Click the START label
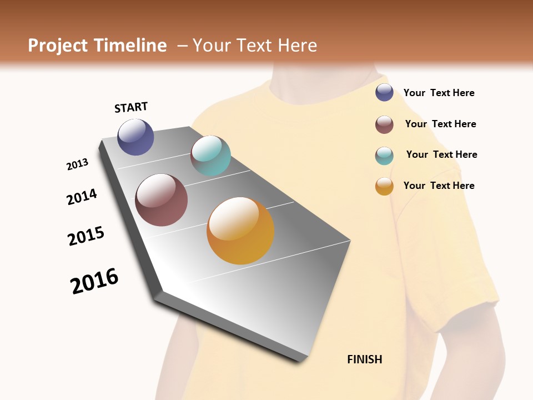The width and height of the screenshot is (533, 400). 131,107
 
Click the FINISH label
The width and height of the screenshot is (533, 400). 364,359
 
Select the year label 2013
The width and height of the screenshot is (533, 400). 77,164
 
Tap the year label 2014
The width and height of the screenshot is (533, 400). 82,197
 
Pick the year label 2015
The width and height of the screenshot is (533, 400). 86,236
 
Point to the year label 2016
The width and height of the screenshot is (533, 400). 94,281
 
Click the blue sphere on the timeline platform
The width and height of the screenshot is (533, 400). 135,137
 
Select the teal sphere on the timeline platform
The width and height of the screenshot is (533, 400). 210,156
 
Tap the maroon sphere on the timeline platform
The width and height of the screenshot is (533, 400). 161,200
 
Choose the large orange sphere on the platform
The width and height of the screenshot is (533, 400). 240,230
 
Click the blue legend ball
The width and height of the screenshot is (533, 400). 384,93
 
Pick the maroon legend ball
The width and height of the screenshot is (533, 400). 384,124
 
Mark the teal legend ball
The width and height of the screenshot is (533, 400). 384,156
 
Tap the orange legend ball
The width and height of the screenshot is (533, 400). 384,186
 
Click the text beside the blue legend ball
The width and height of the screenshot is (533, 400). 439,93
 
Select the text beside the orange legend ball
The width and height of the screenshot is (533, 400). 439,186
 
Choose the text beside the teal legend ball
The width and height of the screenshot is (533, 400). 441,154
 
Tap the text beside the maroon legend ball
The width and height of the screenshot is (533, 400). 440,124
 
